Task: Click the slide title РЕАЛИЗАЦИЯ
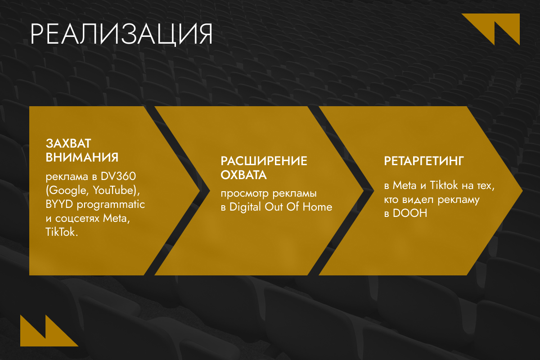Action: [x=121, y=34]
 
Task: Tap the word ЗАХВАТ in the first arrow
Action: [x=68, y=144]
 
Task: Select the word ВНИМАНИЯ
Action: [x=82, y=157]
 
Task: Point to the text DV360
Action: [x=118, y=176]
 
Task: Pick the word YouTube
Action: [x=113, y=190]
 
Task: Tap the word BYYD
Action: [x=59, y=204]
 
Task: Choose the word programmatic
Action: [x=111, y=205]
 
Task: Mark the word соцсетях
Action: [x=77, y=219]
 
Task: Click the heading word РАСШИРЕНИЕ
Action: [x=264, y=161]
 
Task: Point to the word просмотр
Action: [x=245, y=194]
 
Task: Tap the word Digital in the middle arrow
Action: [x=245, y=207]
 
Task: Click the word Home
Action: [x=317, y=207]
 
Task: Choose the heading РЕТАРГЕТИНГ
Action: [x=424, y=161]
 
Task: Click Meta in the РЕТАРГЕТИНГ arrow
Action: [x=405, y=185]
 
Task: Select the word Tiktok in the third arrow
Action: [x=444, y=185]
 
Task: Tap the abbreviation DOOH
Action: [x=410, y=213]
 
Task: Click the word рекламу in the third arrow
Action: [x=459, y=200]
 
